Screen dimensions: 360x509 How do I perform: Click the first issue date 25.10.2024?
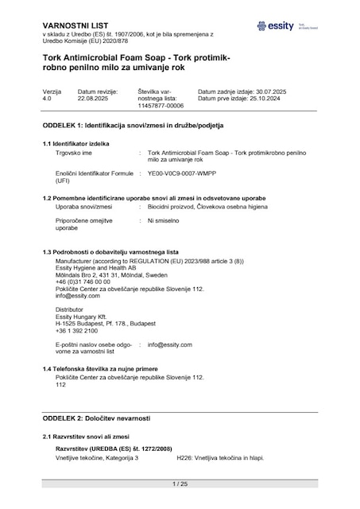coord(280,98)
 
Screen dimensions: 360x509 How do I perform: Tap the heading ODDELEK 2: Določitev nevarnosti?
coord(96,418)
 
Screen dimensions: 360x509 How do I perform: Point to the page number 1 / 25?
coord(180,484)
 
